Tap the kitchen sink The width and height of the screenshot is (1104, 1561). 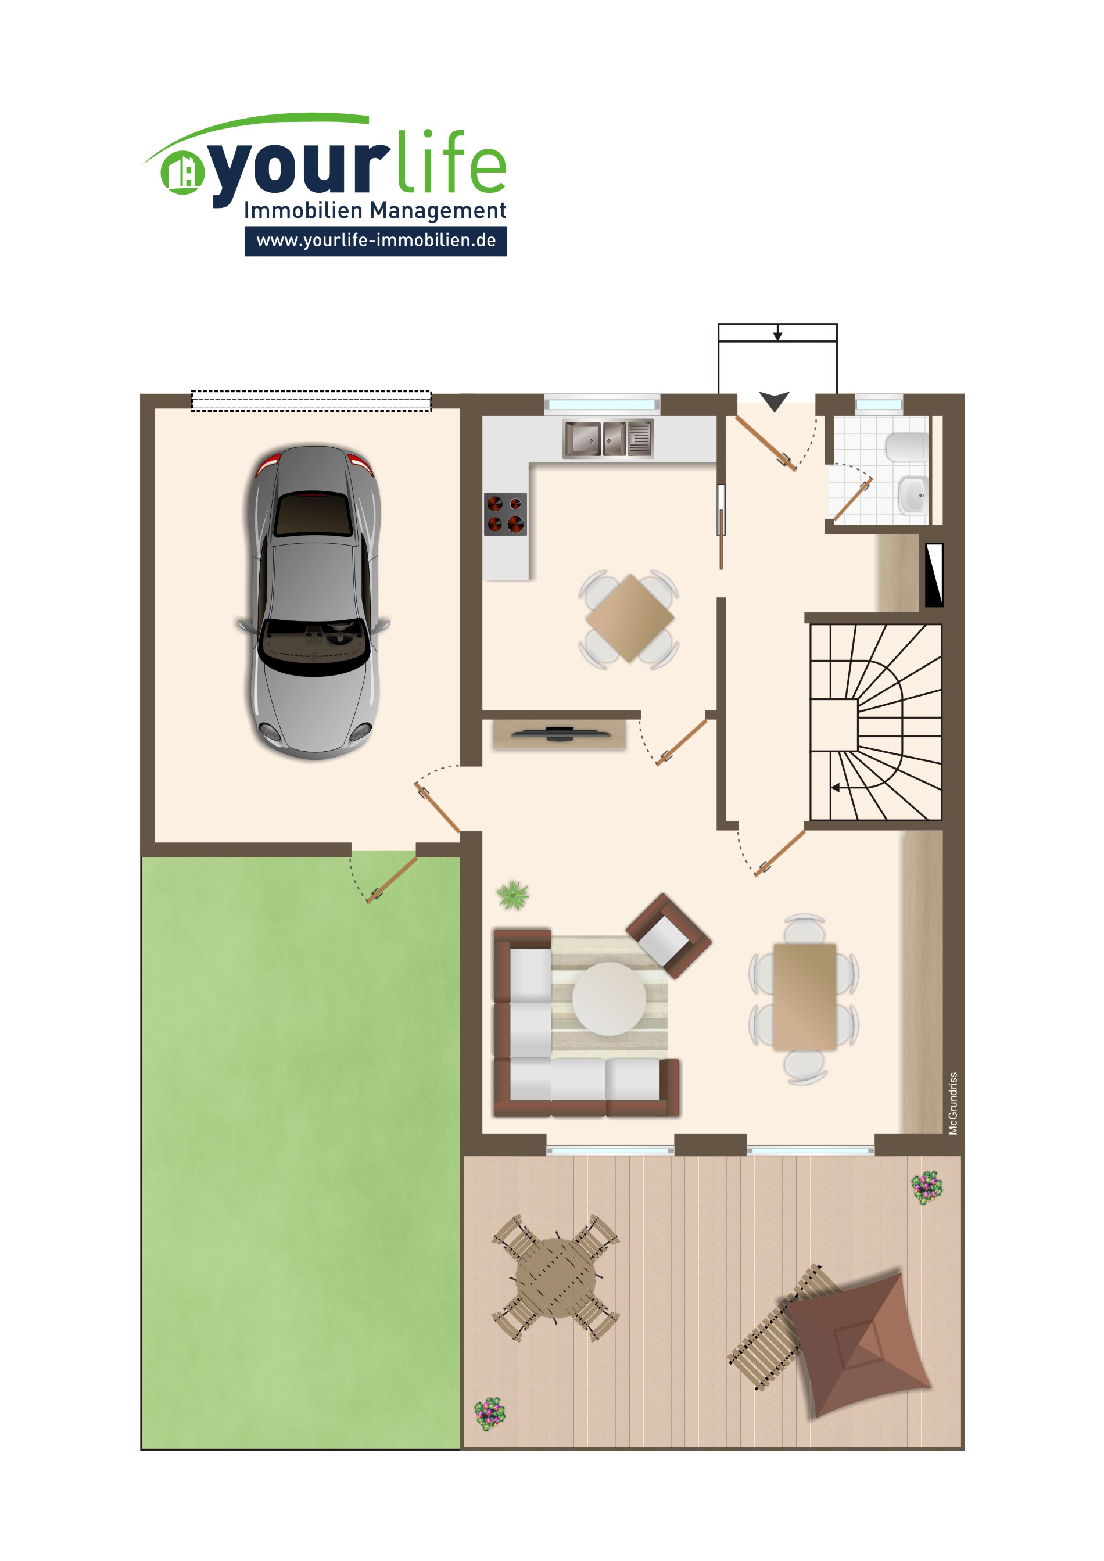(608, 438)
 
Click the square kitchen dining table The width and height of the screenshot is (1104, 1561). (629, 618)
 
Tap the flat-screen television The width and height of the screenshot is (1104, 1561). (560, 734)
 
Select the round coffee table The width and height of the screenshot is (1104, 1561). (609, 999)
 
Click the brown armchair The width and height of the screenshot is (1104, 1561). (668, 935)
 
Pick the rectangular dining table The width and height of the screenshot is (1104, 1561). (804, 997)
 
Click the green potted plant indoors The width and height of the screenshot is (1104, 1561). (512, 895)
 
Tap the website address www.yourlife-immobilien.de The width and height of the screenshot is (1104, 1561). (376, 241)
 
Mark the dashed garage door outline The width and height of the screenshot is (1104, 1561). (311, 401)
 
